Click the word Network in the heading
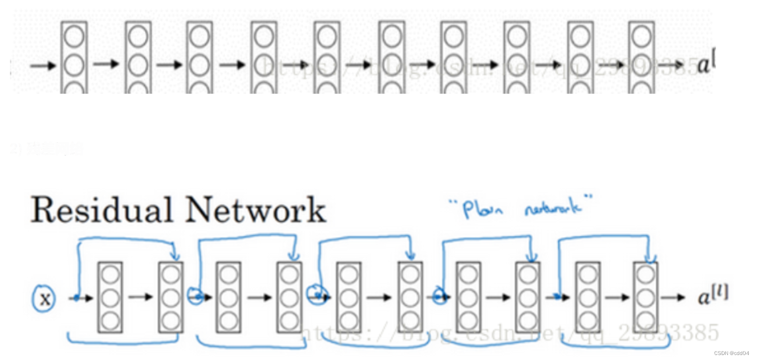click(256, 210)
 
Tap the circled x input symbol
click(45, 299)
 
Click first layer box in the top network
click(74, 57)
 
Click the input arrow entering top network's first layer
click(43, 65)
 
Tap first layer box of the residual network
click(110, 297)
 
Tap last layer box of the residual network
click(646, 297)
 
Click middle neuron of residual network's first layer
click(110, 298)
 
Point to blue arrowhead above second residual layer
click(175, 256)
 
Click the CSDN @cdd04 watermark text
click(733, 353)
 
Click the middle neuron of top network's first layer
click(74, 64)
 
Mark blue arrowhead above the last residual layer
click(650, 258)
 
